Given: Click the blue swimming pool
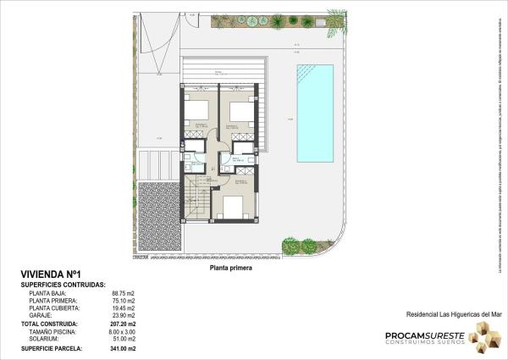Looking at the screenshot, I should [316, 113].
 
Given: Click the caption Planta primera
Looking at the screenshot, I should [231, 266].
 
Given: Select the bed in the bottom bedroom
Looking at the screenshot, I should [231, 207].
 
